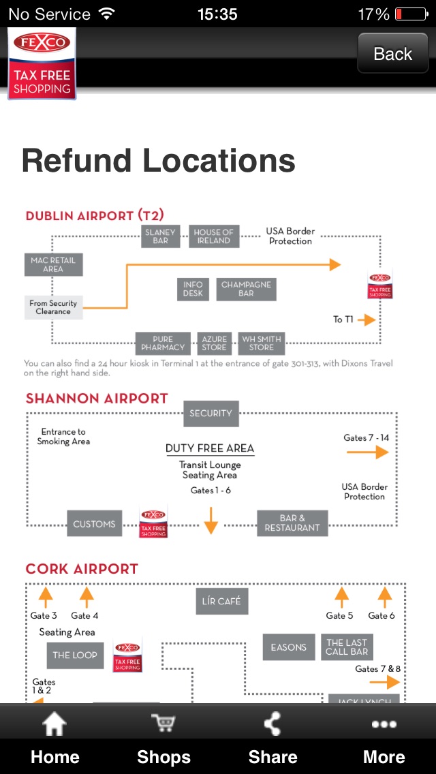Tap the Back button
[x=392, y=54]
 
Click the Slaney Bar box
[x=161, y=236]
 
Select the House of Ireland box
[x=213, y=236]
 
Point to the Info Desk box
[x=193, y=289]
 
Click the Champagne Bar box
[x=246, y=289]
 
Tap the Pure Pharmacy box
[x=163, y=343]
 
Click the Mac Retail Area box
[x=53, y=264]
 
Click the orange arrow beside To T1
[x=366, y=320]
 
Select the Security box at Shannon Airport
[x=211, y=413]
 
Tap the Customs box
[x=94, y=524]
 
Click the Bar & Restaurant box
[x=292, y=523]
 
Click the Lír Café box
[x=221, y=602]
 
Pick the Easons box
[x=288, y=647]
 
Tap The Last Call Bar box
[x=347, y=647]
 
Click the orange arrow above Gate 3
[x=46, y=598]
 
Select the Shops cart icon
[x=163, y=724]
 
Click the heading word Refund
[x=76, y=161]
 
